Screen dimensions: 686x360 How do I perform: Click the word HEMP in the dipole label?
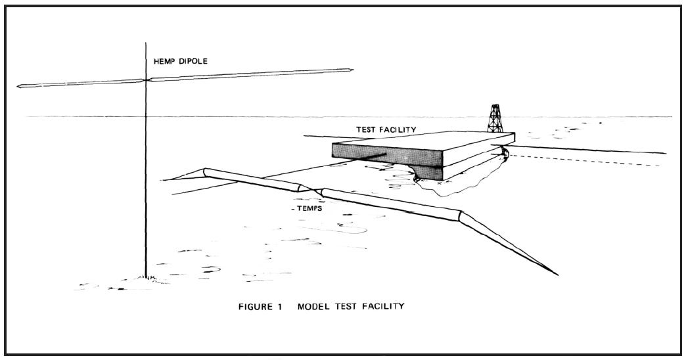tap(160, 63)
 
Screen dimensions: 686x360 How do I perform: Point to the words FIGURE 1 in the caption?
tap(260, 306)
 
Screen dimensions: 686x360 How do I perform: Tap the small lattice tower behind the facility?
tap(494, 119)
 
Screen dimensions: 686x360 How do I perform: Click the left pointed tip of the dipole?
tap(18, 86)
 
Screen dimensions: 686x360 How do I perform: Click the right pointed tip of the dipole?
tap(353, 70)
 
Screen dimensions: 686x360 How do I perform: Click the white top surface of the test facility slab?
tap(427, 141)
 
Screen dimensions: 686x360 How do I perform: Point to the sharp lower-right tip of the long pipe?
tap(557, 274)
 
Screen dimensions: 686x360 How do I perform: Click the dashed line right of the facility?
tap(591, 161)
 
